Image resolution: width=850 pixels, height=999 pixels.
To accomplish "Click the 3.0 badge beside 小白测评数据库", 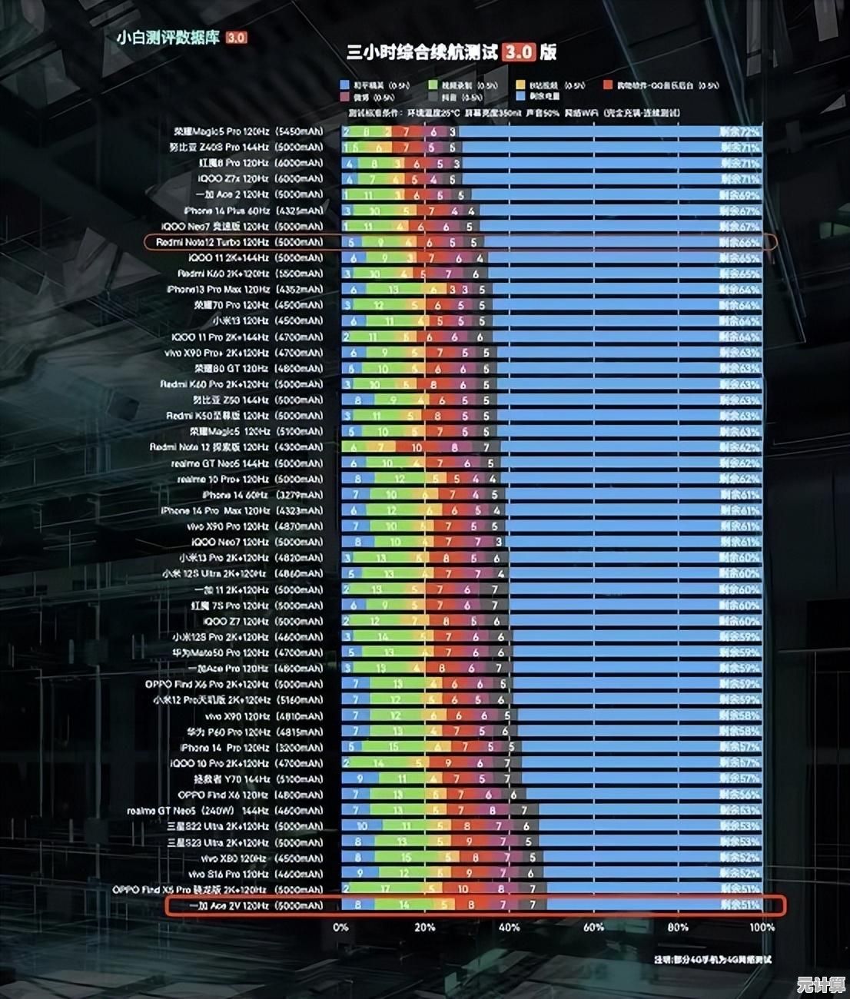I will coord(237,38).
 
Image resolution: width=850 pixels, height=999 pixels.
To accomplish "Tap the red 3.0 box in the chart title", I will coord(519,52).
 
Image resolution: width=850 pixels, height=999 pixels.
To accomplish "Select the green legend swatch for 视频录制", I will coord(433,85).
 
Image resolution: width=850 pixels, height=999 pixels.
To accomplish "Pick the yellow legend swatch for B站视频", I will coord(521,85).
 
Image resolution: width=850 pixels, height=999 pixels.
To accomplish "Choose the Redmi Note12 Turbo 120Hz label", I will coord(239,242).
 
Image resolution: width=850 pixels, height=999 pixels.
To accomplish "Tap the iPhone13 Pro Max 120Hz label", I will coord(245,290).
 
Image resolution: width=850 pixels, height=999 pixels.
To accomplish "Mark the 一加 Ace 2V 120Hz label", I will coord(256,905).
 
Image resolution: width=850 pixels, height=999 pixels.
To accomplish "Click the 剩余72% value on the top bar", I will coord(739,131).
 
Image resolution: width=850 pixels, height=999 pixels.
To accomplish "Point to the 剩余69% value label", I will coord(739,194).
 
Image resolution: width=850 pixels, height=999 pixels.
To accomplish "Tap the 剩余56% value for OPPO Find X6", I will coord(739,795).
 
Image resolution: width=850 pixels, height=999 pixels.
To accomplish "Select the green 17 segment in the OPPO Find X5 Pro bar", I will coord(384,889).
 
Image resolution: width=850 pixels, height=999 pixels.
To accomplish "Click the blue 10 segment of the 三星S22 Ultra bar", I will coord(362,826).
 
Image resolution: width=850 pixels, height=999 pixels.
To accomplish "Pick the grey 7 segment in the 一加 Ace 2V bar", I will coord(533,905).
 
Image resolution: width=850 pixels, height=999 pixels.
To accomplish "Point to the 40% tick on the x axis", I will coord(509,927).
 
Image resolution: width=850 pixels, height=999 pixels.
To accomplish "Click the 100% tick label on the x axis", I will coord(762,927).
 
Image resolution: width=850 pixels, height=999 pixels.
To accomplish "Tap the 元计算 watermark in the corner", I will coord(820,984).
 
